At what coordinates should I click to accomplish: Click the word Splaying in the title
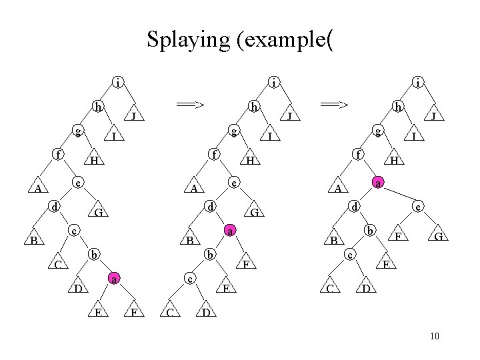tap(187, 40)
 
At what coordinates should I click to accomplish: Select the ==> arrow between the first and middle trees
tap(189, 104)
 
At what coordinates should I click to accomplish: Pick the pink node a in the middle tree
tap(229, 231)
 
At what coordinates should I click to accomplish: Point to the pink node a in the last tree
tap(378, 182)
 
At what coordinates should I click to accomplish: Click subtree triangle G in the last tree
tap(438, 237)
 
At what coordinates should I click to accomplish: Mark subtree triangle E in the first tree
tap(98, 311)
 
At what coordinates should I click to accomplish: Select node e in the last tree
tap(417, 207)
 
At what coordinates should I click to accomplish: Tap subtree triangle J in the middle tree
tap(290, 117)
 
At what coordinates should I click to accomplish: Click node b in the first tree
tap(94, 254)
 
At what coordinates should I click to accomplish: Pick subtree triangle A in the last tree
tap(338, 188)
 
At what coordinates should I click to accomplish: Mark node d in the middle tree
tap(210, 207)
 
